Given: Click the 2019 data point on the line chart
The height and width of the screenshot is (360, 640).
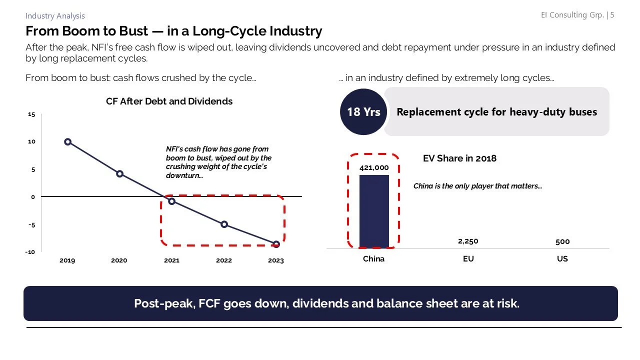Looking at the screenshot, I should coord(67,142).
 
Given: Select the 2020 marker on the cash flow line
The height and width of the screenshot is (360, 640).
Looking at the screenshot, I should coord(119,173).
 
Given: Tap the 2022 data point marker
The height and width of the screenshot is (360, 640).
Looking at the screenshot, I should coord(224,224).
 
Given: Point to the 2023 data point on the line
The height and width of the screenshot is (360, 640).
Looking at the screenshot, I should coord(276,244).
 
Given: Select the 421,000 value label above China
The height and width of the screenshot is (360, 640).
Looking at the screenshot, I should coord(374,167).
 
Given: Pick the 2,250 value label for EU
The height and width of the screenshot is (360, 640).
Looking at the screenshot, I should coord(468,241).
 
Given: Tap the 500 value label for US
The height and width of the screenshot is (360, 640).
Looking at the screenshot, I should coord(562,241).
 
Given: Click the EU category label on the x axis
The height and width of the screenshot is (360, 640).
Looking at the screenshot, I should coord(468,259).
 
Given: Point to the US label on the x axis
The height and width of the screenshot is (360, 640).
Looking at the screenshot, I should coord(562,259).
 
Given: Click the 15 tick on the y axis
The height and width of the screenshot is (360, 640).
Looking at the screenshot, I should coord(31,114).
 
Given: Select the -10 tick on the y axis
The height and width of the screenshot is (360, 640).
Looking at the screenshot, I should coord(30,252).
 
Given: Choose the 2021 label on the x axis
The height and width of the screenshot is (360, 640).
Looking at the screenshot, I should coord(171,260).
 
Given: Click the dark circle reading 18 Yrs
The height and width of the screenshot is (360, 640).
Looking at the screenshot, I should coord(363,112).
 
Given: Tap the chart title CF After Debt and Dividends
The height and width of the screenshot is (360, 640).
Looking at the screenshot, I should coord(169,101).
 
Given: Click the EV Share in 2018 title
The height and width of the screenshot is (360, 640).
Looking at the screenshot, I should coord(459,158).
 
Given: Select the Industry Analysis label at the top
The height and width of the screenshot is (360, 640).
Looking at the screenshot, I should coord(55,16).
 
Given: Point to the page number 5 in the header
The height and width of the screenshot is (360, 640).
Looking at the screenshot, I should coord(612,15).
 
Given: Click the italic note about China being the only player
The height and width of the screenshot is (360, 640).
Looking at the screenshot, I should coord(477,186).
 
